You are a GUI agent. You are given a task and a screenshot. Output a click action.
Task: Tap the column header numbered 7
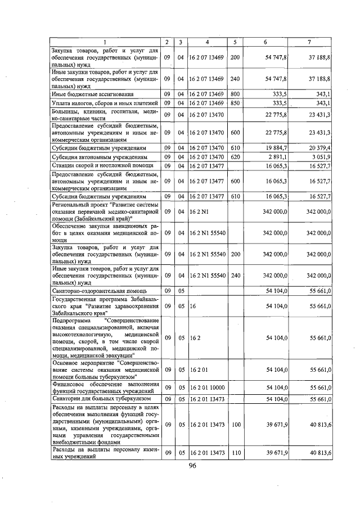pyautogui.click(x=309, y=43)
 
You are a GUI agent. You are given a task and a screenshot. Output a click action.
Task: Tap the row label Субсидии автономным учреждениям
pyautogui.click(x=99, y=157)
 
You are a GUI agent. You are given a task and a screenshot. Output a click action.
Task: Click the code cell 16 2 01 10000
pyautogui.click(x=207, y=388)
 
